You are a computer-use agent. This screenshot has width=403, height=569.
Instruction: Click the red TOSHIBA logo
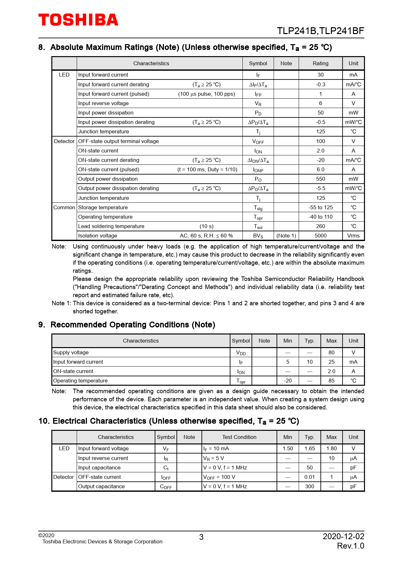(78, 20)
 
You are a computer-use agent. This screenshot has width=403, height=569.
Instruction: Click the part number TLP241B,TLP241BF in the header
(320, 31)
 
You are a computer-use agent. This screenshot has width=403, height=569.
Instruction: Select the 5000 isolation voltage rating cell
(320, 236)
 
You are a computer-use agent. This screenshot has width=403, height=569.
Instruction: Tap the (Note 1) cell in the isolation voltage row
(286, 236)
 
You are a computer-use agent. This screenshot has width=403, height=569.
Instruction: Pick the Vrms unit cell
(353, 236)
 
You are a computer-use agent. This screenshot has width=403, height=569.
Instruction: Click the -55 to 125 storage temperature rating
(320, 208)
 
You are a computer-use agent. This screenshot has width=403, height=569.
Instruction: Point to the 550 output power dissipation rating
(320, 179)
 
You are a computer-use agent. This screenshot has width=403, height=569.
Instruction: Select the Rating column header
(320, 64)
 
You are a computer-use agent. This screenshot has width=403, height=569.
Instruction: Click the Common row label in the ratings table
(64, 208)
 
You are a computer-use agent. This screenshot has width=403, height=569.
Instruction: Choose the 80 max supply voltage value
(331, 353)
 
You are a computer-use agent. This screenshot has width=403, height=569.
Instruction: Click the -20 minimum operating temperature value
(288, 381)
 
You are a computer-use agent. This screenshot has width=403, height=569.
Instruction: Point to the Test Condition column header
(239, 437)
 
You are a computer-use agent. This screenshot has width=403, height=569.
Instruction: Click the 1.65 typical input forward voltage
(309, 449)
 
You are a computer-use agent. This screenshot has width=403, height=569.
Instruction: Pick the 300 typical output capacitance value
(309, 487)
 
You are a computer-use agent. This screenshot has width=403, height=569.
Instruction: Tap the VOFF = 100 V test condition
(219, 477)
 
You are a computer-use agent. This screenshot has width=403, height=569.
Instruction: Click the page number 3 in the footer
(201, 537)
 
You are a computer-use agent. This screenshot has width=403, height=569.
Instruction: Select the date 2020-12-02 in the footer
(343, 537)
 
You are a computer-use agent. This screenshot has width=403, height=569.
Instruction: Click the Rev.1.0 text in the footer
(350, 546)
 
